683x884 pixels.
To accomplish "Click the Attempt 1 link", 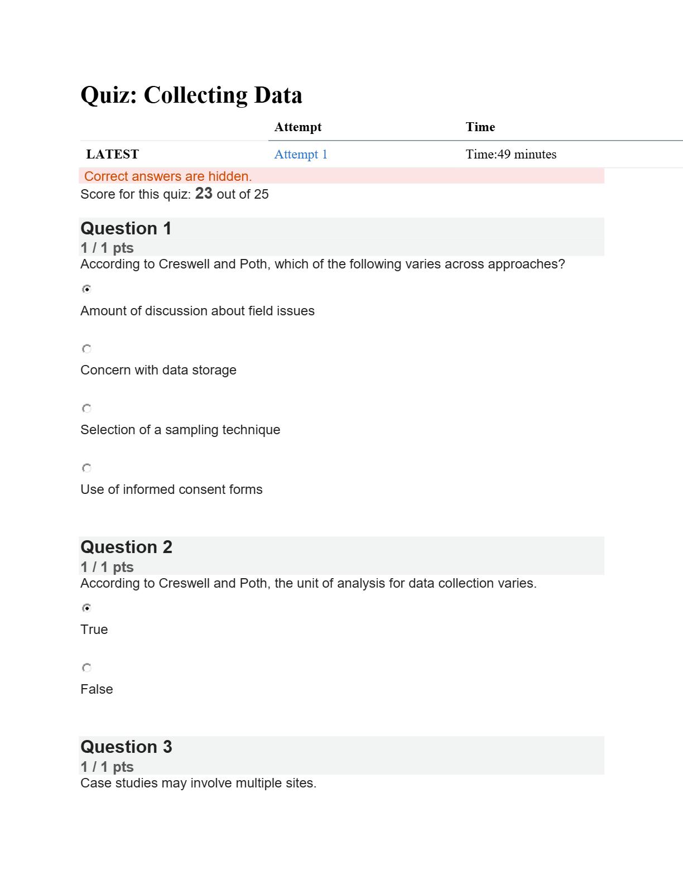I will point(301,155).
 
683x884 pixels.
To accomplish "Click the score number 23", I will point(204,193).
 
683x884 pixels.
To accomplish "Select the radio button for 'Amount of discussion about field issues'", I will point(86,289).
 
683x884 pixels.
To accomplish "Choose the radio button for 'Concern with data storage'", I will point(86,349).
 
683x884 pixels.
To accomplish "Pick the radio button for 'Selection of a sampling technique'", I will point(86,409).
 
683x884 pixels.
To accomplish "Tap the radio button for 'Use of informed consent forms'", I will point(86,468).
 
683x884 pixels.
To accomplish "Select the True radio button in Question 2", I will point(86,608).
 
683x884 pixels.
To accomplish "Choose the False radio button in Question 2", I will point(86,667).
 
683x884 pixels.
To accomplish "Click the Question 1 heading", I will point(126,228).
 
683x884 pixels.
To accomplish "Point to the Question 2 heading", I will point(126,547).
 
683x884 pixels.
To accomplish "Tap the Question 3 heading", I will point(126,747).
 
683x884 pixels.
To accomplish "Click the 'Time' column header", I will point(480,127).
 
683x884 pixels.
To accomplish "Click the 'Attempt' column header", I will point(298,127).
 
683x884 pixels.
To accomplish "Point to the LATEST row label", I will point(113,155).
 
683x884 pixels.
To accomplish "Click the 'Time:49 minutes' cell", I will point(511,155).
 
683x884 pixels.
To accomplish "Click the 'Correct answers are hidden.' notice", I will point(168,176).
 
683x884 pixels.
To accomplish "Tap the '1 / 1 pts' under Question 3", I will point(107,767).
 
